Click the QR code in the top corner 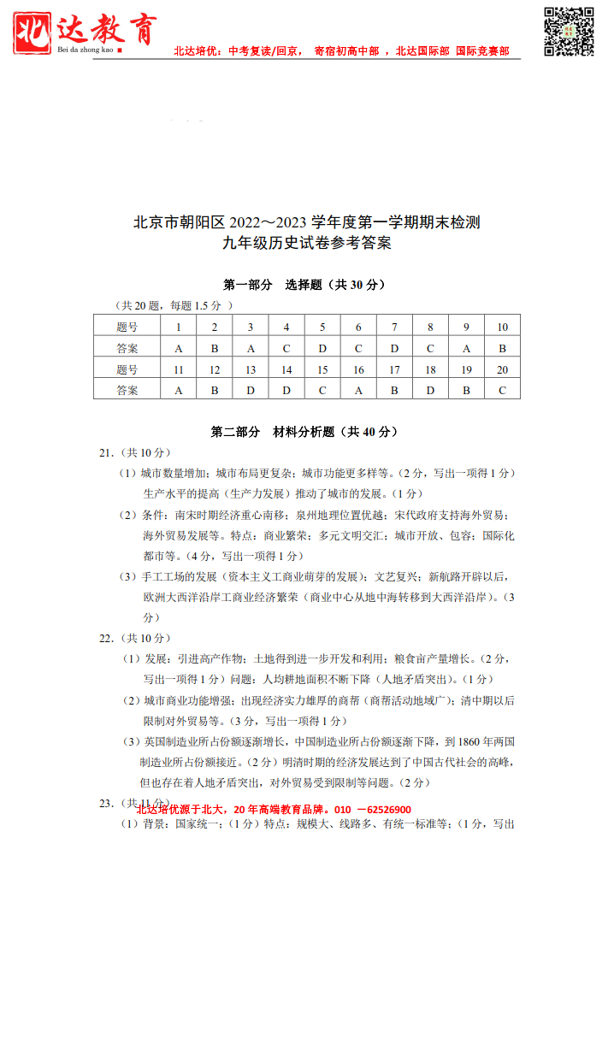569,32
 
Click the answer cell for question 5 322,348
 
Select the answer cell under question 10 502,348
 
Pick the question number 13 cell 251,369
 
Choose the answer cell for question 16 358,390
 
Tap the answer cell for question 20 502,390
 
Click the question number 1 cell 179,327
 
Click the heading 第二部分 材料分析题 304,432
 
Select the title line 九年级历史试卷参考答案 306,243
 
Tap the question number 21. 106,452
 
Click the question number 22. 106,638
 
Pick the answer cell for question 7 394,348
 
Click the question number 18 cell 430,369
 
